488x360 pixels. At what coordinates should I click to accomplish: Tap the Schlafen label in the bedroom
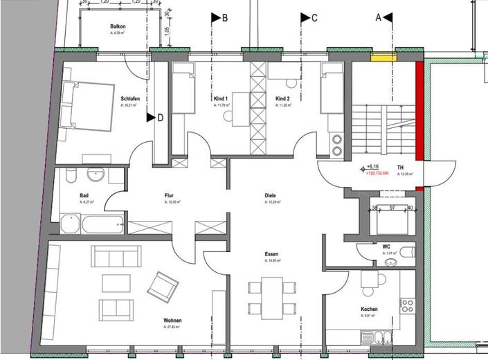(130, 99)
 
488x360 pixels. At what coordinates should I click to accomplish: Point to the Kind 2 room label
(283, 99)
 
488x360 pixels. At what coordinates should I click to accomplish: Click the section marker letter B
(224, 19)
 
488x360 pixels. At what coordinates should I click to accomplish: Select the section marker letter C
(314, 19)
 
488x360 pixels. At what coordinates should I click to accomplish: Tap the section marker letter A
(378, 19)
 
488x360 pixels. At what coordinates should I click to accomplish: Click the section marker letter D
(160, 118)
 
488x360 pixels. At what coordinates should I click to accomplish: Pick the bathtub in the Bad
(93, 224)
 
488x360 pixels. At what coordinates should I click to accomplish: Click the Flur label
(169, 196)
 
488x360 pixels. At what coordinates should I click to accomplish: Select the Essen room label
(271, 254)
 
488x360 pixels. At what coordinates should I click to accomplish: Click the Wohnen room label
(173, 321)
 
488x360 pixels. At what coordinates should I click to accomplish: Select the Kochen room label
(369, 309)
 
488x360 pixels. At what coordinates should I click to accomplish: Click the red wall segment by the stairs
(419, 109)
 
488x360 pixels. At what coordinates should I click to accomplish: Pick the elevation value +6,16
(374, 167)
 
